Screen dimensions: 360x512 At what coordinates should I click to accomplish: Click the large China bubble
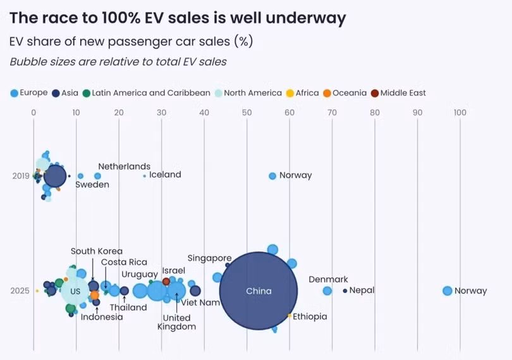point(259,291)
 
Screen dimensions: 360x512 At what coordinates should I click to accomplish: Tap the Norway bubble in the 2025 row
point(448,291)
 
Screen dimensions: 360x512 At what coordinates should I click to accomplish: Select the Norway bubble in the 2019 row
point(272,176)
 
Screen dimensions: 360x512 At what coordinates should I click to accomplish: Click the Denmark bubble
point(327,291)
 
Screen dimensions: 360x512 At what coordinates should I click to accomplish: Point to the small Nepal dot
point(345,291)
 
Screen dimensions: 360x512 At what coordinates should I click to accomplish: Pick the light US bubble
point(75,291)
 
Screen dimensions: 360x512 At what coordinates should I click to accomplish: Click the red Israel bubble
point(166,281)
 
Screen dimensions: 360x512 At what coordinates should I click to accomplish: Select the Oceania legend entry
point(344,93)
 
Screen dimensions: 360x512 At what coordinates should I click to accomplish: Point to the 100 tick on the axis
point(460,112)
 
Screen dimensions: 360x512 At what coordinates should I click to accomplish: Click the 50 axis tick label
point(247,112)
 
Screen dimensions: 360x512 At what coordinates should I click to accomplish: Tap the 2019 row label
point(21,176)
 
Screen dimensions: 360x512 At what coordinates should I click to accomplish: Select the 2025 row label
point(21,291)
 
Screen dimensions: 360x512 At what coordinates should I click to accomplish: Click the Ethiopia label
point(310,316)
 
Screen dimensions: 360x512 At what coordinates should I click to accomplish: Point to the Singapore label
point(209,258)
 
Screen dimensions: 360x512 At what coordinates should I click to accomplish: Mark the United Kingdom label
point(179,322)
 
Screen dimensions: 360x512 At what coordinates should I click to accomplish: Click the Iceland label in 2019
point(165,175)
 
